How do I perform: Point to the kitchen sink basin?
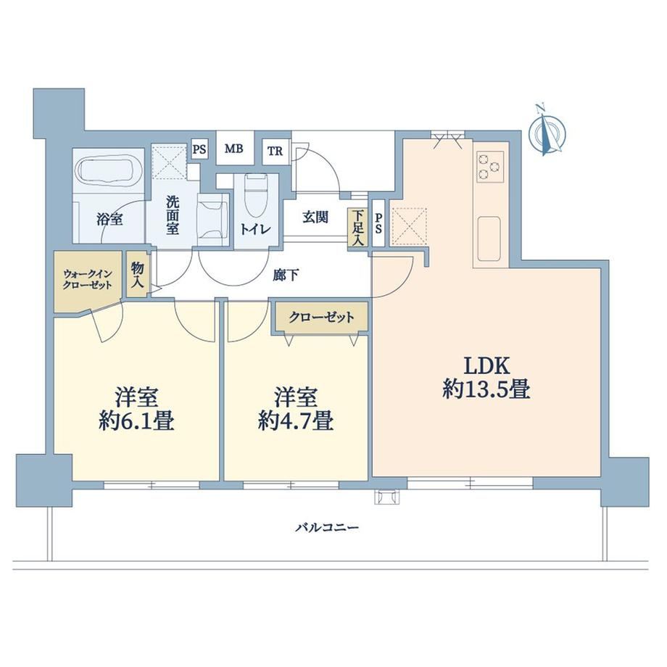coord(489,239)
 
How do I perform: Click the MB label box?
coord(234,149)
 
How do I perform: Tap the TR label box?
coord(275,151)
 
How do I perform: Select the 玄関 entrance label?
coord(315,217)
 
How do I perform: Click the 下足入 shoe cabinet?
coord(358,228)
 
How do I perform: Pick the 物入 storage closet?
coord(137,275)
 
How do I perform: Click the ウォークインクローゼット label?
coord(88,279)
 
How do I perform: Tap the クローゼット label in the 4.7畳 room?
coord(321,318)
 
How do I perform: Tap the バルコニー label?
coord(328,529)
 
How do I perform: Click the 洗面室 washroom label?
coord(173,215)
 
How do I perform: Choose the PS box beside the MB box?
coord(199,150)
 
